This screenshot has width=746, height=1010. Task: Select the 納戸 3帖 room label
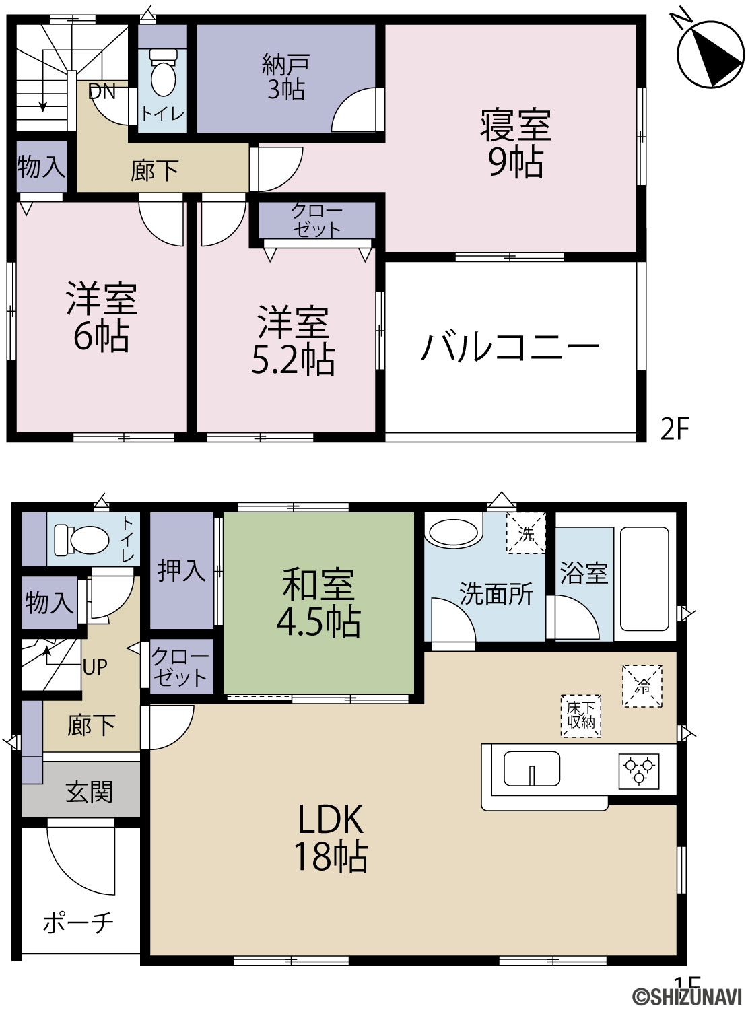[286, 77]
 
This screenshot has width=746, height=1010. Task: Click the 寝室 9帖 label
[516, 143]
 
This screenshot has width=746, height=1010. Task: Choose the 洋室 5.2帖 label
[293, 340]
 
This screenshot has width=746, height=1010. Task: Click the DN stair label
[102, 92]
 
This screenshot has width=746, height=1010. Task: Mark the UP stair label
[95, 667]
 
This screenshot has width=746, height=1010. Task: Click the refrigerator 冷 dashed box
[642, 686]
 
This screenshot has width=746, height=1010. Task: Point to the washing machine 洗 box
[526, 533]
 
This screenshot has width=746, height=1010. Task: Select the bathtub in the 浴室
[644, 579]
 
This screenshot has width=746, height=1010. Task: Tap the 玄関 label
[90, 792]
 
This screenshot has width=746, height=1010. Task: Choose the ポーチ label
[78, 923]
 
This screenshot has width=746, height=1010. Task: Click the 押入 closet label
[182, 570]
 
